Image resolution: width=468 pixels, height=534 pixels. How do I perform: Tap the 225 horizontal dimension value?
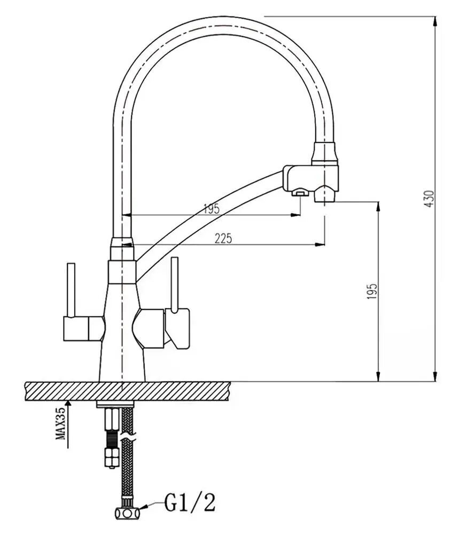[x=223, y=239]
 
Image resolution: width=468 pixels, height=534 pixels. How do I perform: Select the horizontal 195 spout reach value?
[x=212, y=209]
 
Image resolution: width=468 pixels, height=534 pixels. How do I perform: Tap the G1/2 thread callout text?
[x=190, y=502]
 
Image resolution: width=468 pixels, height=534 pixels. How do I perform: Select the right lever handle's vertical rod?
[x=174, y=284]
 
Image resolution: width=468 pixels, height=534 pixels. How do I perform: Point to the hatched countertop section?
[x=128, y=391]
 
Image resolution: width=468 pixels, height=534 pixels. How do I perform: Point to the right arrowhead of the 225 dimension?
[x=321, y=245]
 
